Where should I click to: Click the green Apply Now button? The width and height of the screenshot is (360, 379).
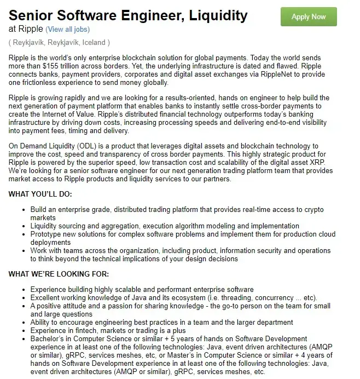309,17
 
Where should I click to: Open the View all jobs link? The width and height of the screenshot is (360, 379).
68,29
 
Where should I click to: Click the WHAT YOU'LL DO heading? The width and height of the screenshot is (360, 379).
40,194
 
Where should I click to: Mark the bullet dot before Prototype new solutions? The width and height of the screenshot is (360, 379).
22,234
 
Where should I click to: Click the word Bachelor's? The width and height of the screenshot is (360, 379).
48,339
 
